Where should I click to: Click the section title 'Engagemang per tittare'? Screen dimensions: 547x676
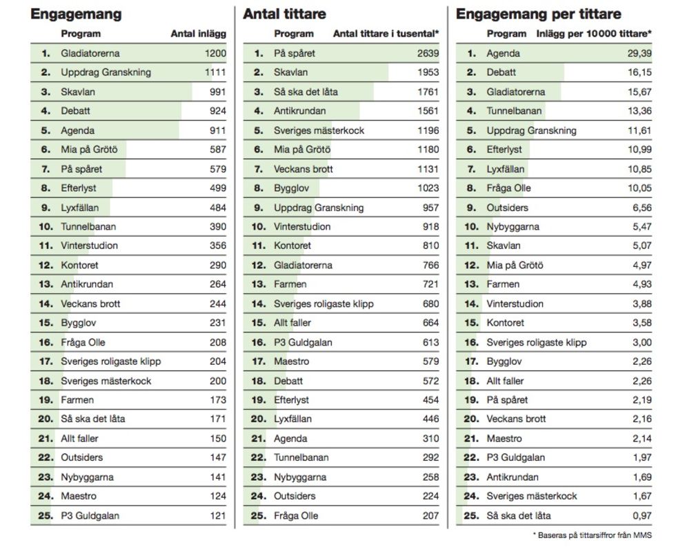click(538, 14)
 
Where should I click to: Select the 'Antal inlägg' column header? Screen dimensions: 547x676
click(198, 34)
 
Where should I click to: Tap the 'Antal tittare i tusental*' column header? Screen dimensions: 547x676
click(386, 34)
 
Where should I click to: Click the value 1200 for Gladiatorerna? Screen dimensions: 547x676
click(215, 53)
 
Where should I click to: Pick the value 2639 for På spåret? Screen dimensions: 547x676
click(428, 53)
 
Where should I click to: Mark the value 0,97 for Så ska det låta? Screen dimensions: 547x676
click(641, 515)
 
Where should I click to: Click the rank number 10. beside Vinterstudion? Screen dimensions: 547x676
click(258, 226)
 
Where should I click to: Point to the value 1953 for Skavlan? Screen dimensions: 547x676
click(428, 72)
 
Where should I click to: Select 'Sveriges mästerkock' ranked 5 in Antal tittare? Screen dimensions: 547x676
click(319, 130)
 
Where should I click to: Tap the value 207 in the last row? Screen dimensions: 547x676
click(430, 515)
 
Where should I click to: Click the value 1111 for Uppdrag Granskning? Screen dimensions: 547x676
click(215, 72)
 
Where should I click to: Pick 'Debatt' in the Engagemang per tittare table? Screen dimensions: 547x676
click(501, 72)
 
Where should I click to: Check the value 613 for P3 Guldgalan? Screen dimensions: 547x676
click(430, 342)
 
